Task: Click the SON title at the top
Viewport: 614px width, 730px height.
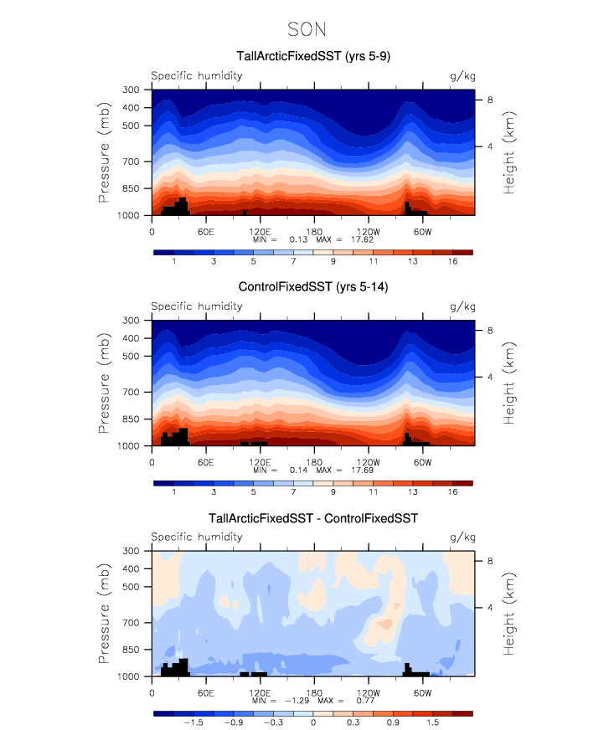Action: [x=307, y=29]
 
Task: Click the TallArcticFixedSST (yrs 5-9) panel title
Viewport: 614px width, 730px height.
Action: [x=310, y=57]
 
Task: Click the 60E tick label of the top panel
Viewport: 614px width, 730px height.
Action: [x=206, y=231]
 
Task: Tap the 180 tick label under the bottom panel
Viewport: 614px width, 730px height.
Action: [x=314, y=693]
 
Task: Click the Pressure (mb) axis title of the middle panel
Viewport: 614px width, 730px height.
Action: [x=105, y=383]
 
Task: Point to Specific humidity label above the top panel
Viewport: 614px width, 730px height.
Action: [x=197, y=75]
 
